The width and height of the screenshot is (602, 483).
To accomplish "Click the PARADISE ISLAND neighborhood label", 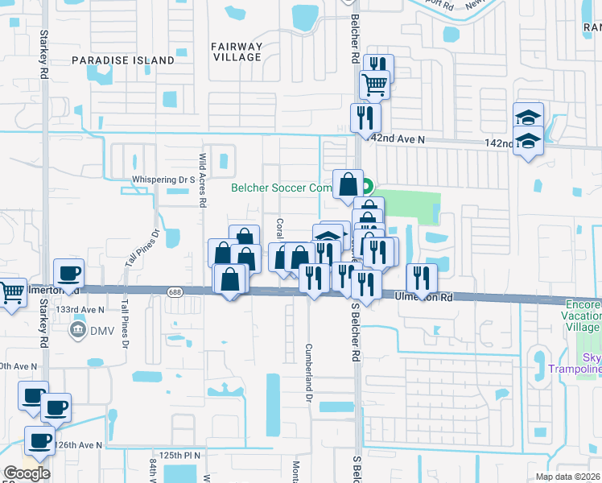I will [x=122, y=60].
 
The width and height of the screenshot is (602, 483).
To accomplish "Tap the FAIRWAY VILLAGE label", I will [x=237, y=52].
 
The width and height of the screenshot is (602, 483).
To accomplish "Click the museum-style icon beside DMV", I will [x=79, y=329].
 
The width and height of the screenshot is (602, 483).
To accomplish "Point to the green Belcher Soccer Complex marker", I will [x=367, y=187].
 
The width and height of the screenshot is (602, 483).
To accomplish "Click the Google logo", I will [x=27, y=473].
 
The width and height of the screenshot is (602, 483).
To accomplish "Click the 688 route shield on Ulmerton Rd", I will [x=175, y=291].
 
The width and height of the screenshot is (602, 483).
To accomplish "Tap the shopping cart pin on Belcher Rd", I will [x=374, y=83].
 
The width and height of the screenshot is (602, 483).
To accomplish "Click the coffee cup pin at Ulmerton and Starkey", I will [x=68, y=273].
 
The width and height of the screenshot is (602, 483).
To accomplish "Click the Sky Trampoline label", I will [x=586, y=363].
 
